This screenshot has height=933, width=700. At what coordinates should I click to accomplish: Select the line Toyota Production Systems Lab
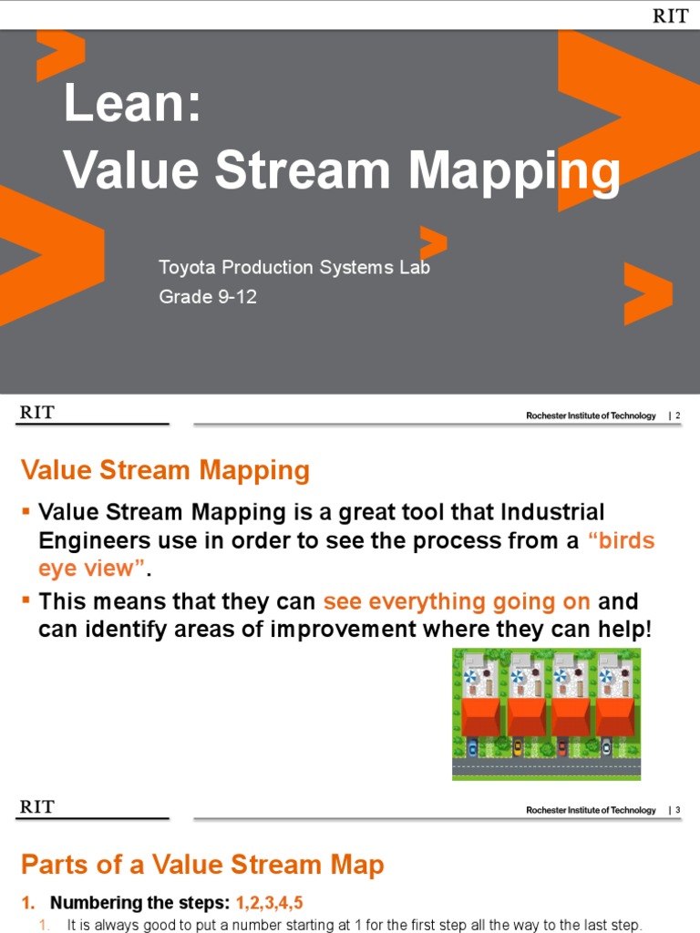(293, 267)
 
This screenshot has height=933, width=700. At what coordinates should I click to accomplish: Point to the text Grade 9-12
(207, 296)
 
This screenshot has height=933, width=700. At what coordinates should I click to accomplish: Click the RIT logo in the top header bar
(670, 15)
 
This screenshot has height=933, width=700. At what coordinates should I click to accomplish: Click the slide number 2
(677, 415)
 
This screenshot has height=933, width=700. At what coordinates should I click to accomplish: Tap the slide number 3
(677, 810)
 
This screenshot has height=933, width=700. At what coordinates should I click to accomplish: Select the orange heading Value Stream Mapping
(165, 471)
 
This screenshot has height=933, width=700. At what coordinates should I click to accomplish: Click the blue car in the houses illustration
(472, 748)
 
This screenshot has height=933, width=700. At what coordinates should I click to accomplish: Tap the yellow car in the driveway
(517, 748)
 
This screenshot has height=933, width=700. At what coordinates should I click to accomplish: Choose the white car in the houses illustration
(606, 748)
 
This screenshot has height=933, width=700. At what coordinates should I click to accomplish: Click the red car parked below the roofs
(561, 748)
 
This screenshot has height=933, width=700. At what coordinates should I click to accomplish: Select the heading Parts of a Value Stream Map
(202, 865)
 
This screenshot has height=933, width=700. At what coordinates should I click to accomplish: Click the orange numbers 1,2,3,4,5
(269, 903)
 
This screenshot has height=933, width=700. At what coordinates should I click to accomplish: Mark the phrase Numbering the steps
(140, 903)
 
